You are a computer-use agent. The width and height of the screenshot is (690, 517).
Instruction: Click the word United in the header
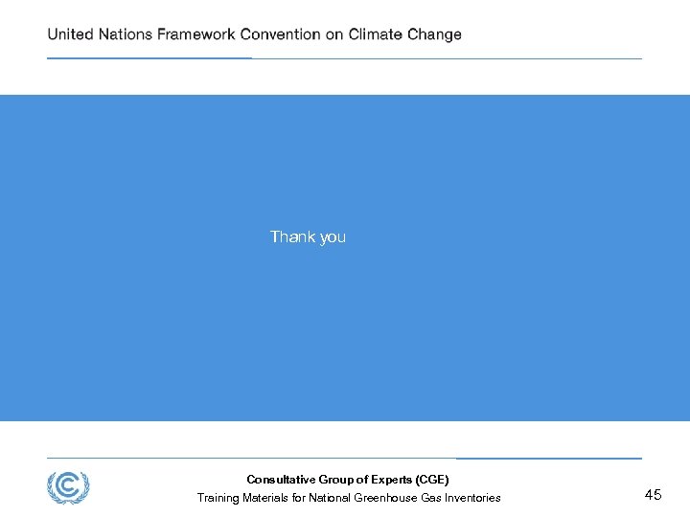coord(70,34)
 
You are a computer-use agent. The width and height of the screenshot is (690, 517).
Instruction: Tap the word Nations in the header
coord(125,34)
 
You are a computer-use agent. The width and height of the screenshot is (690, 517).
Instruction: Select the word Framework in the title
coord(196,34)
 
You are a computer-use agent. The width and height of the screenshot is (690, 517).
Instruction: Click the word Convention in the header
coord(280,34)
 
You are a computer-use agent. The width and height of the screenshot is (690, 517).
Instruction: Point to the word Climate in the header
coord(376,34)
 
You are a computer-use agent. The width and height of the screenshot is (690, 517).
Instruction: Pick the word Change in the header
coord(434,34)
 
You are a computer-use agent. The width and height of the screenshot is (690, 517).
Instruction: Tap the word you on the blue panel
coord(333,237)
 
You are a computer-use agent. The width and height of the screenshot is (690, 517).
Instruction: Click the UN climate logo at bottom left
coord(68,488)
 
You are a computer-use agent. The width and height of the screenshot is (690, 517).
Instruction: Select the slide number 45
coord(653,495)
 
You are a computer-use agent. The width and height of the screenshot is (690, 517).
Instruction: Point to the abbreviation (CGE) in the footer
coord(431,480)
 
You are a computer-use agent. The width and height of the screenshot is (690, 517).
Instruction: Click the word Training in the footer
coord(218,498)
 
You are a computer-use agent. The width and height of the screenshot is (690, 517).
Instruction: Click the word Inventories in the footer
coord(471,498)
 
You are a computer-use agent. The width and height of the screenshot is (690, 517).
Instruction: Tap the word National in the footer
coord(330,498)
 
